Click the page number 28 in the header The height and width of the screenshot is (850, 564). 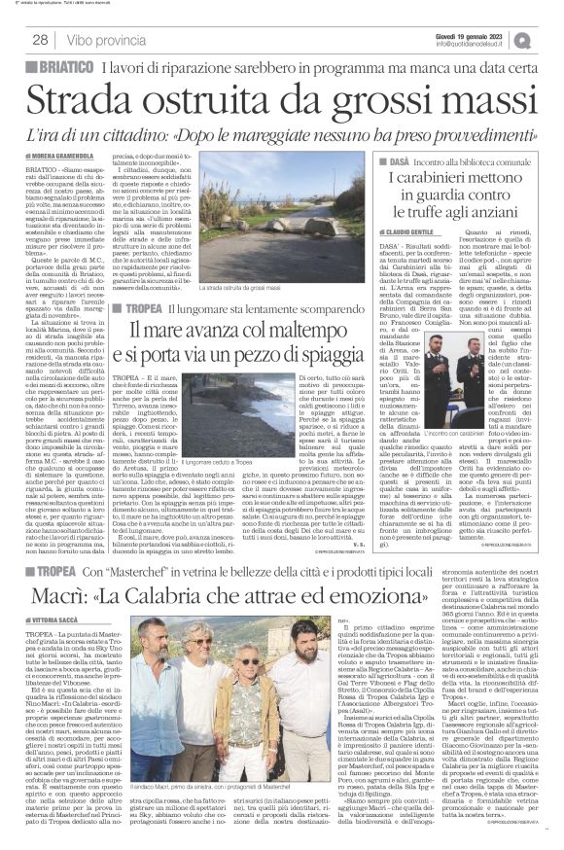pyautogui.click(x=40, y=40)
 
